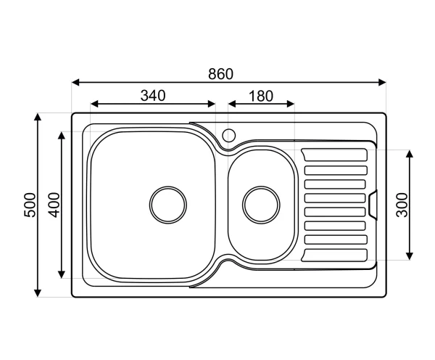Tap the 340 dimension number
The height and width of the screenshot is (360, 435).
coord(153,95)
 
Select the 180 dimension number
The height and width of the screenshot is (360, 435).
coord(260,95)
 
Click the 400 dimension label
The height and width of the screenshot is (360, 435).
coord(53,205)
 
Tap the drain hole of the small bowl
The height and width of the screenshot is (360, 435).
coord(261,204)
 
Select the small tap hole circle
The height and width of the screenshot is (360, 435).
coord(229,135)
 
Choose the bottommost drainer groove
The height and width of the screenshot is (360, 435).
coord(335,253)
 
